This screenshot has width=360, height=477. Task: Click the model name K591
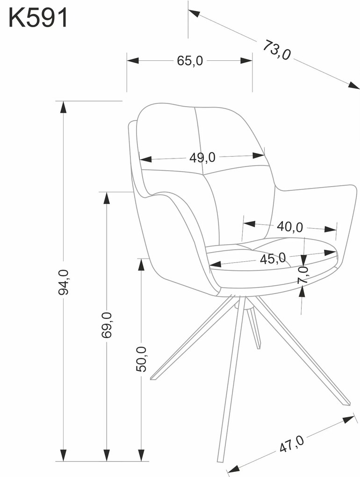tap(38, 18)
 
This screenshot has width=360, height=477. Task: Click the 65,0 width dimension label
tap(190, 61)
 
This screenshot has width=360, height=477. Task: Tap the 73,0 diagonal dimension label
tap(276, 50)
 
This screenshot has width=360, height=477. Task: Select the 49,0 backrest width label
tap(202, 158)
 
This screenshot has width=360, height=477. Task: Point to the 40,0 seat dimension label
tap(290, 227)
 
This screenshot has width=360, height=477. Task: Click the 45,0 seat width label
tap(273, 259)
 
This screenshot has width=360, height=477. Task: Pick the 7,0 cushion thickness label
tap(303, 275)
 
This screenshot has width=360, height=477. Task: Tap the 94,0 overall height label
tap(64, 282)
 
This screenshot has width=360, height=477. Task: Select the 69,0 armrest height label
tap(107, 325)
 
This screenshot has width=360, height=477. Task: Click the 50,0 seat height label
tap(141, 359)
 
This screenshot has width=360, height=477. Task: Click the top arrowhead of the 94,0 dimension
tap(63, 107)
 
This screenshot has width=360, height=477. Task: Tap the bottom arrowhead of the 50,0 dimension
tap(141, 455)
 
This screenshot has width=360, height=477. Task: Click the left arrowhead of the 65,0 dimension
tap(133, 60)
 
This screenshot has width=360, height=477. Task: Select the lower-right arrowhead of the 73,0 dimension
tap(353, 85)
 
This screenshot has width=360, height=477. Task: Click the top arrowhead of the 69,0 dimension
tap(107, 198)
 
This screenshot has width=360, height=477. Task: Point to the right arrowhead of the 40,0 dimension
tap(331, 229)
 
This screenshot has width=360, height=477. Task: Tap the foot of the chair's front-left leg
tap(152, 378)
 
